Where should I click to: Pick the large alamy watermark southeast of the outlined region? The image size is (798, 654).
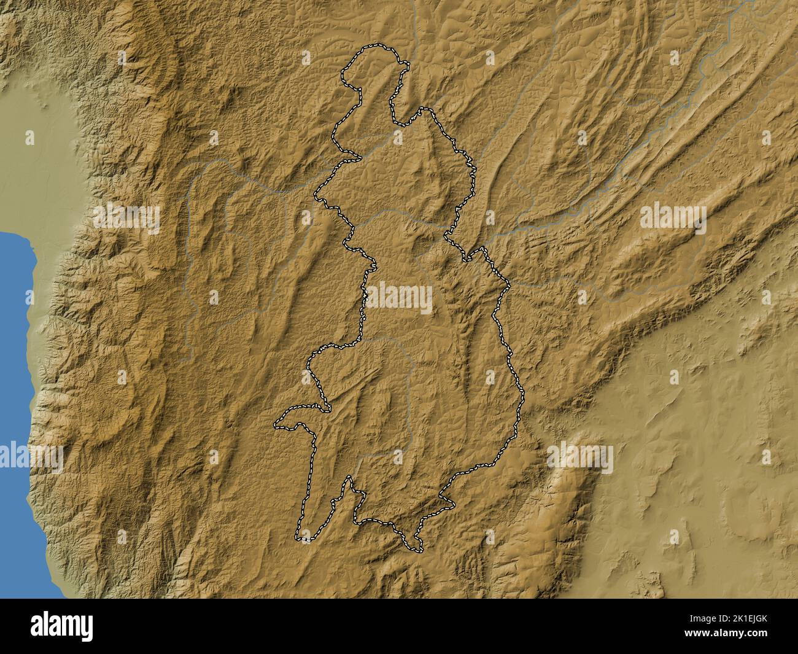pyautogui.click(x=580, y=458)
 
